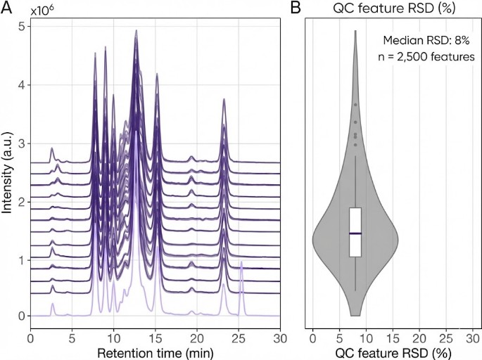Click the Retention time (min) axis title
coord(156,351)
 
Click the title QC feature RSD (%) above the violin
coord(392,8)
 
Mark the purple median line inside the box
coord(355,233)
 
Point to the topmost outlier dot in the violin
coord(356,105)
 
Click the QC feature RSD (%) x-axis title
coord(393,351)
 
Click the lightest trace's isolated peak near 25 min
coord(241,263)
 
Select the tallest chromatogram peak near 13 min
coord(136,32)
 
